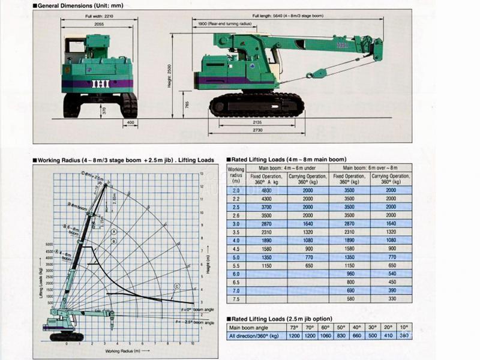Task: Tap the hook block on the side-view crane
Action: [x=310, y=74]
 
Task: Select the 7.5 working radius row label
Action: [x=236, y=298]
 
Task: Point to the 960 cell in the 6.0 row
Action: [x=350, y=273]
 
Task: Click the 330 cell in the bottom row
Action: [x=391, y=298]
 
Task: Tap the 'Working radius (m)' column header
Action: [x=236, y=175]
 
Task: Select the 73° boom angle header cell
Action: [x=293, y=327]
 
